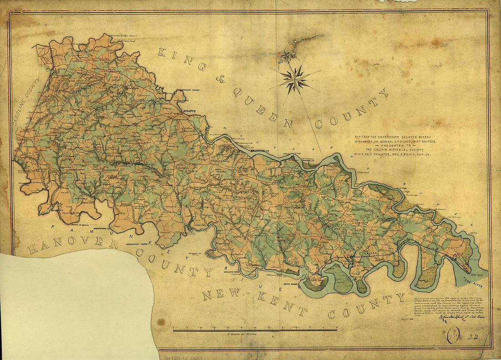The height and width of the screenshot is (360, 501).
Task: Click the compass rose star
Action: click(x=295, y=79)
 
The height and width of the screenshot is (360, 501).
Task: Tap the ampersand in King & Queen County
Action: click(x=220, y=79)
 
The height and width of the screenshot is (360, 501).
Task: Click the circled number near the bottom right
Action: click(x=453, y=336)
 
